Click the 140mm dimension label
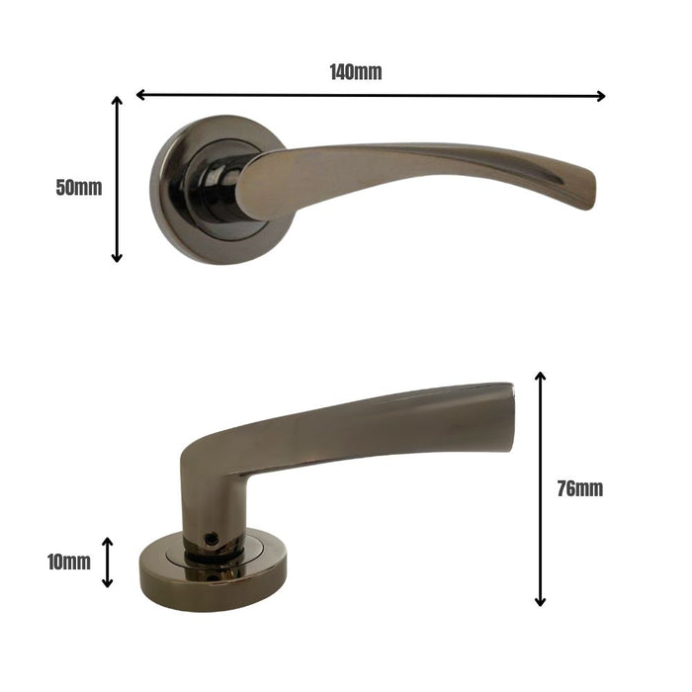coord(355,71)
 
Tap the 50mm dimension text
coord(78,188)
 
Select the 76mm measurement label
coord(578,488)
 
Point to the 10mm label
coord(68,562)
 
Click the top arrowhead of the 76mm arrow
coord(540,378)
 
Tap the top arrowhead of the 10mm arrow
coord(108,543)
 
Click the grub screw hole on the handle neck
coord(211,539)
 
